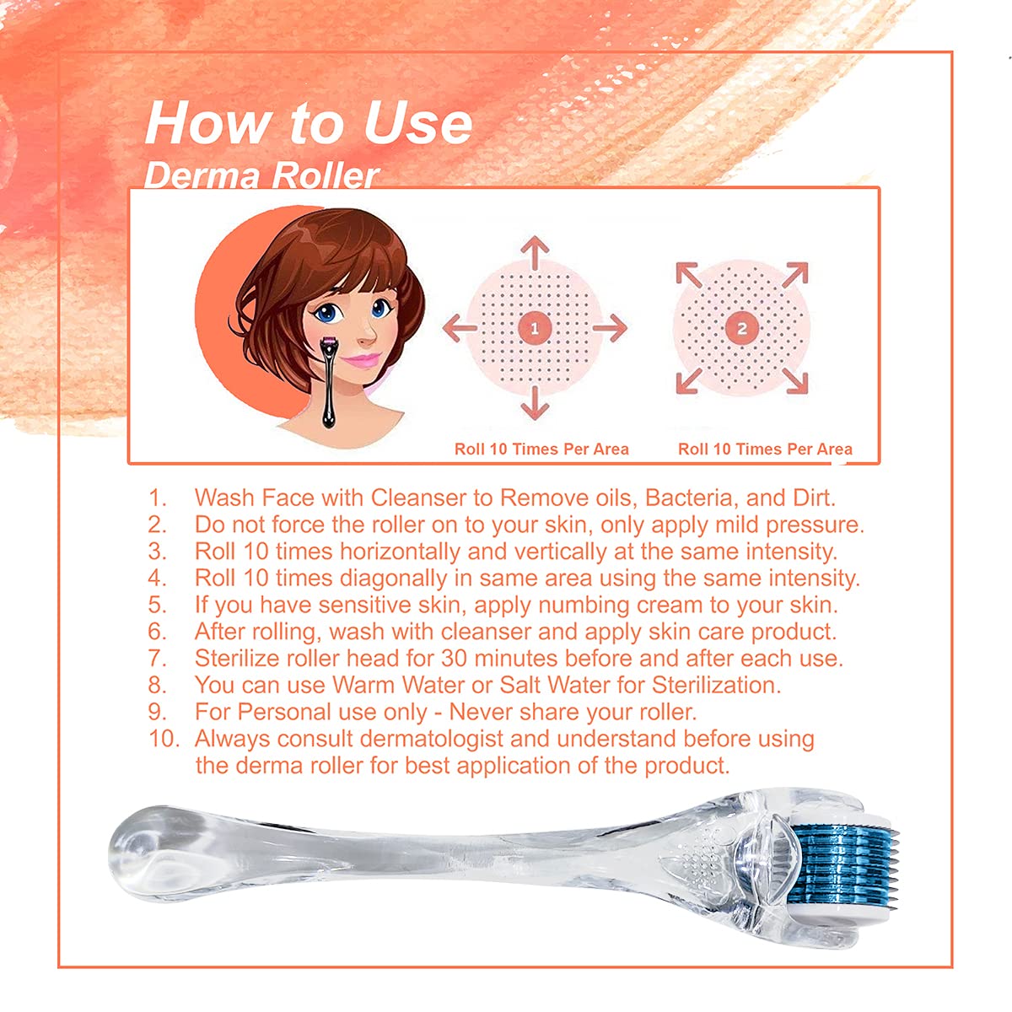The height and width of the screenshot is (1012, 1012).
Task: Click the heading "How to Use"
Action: (309, 123)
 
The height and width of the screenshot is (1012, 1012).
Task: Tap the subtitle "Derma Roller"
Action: (261, 175)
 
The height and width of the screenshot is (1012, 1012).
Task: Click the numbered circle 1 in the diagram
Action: (534, 329)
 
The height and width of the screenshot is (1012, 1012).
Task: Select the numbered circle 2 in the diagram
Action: (741, 329)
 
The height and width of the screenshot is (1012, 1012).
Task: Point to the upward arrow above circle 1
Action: (535, 254)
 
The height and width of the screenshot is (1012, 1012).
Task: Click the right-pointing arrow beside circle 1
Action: (610, 329)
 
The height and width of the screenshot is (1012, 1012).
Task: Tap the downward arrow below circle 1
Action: (535, 403)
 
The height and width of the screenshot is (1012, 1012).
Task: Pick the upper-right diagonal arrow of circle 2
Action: (794, 275)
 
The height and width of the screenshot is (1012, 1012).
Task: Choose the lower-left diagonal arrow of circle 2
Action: (689, 380)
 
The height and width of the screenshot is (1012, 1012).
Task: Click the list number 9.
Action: (157, 712)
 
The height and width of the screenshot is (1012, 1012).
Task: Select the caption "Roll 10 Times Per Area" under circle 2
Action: (765, 449)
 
